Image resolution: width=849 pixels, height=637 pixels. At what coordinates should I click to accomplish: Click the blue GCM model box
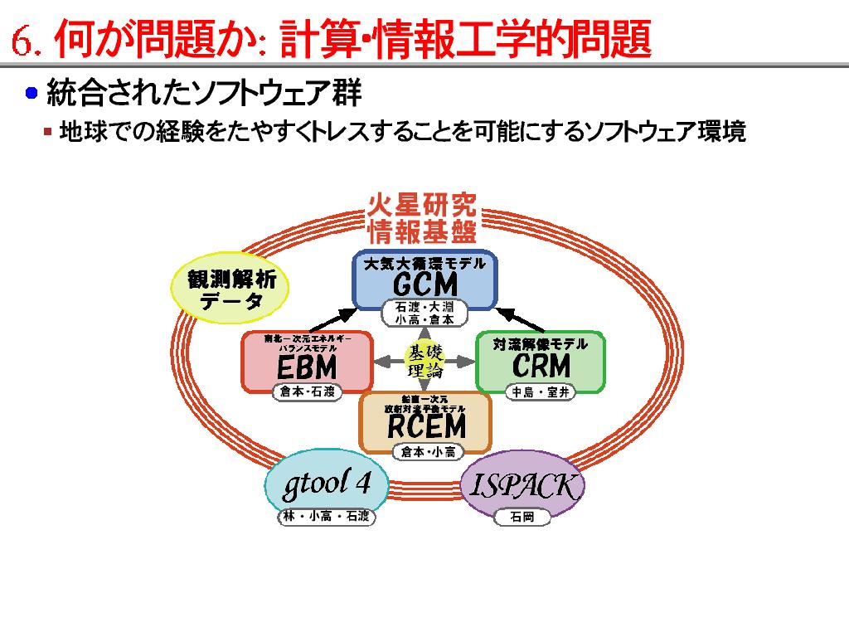424,280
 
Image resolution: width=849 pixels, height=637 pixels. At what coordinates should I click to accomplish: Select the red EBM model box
306,361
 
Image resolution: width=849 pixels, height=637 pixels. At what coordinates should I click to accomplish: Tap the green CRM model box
541,361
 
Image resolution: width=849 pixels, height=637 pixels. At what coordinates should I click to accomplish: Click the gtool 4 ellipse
326,484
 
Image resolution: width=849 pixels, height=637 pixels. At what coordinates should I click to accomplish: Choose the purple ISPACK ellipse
522,484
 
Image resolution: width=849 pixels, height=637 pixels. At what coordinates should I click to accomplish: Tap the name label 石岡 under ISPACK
522,518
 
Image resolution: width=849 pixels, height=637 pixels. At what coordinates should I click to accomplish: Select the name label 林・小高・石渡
326,518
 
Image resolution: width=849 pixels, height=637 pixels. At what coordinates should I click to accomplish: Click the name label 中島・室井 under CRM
541,392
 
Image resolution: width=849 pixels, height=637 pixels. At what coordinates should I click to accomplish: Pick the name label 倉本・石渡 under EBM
307,392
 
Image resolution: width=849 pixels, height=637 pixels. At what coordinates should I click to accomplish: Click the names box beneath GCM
424,313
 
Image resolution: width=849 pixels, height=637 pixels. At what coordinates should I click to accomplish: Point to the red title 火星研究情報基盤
423,216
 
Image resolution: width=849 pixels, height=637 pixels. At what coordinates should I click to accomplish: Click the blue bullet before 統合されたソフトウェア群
32,93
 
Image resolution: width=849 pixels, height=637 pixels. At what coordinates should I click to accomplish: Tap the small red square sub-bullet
48,131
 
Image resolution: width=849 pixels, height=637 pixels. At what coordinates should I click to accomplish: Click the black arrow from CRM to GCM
521,318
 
